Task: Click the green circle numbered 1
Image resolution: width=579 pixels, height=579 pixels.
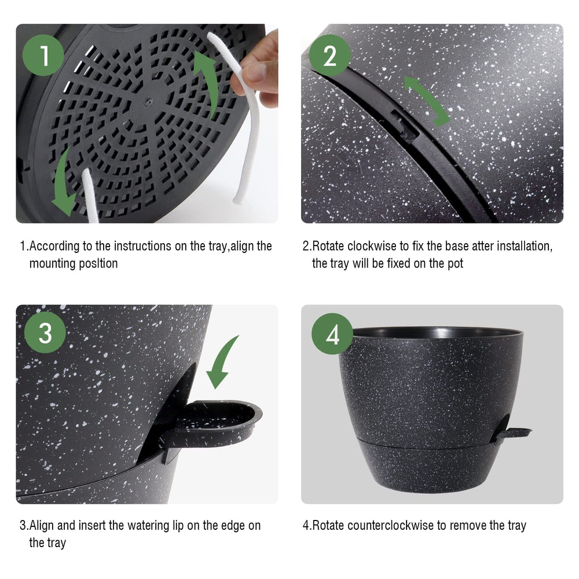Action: coord(43,56)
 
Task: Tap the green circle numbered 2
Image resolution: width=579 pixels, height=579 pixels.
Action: coord(330,56)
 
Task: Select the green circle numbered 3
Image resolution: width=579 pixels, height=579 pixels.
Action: coord(45,332)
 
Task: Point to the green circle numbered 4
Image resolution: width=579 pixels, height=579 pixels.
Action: coord(332,334)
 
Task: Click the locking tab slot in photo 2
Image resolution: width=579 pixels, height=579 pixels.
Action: coord(404,126)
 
